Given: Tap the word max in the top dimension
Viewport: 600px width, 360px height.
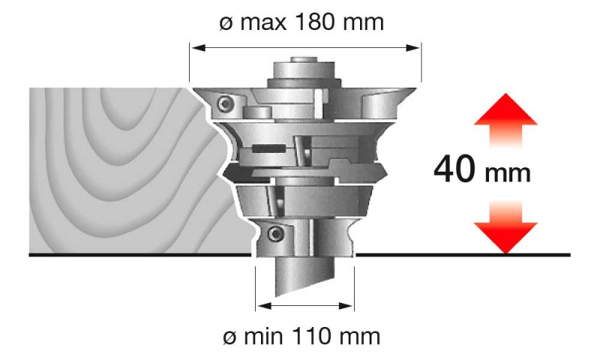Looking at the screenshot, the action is [x=264, y=23].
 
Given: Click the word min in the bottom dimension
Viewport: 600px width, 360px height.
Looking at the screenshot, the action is [x=263, y=337].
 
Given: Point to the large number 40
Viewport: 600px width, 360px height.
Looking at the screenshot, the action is [x=455, y=169].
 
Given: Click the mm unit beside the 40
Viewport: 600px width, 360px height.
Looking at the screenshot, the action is [x=508, y=174].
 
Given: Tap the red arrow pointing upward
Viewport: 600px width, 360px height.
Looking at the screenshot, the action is [x=505, y=120].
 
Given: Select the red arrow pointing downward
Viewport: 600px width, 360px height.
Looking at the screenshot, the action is [x=505, y=226].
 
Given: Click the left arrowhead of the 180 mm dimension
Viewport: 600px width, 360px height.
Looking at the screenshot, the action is [x=199, y=48].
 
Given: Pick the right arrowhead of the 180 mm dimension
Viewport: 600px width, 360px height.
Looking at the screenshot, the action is [x=412, y=48].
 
